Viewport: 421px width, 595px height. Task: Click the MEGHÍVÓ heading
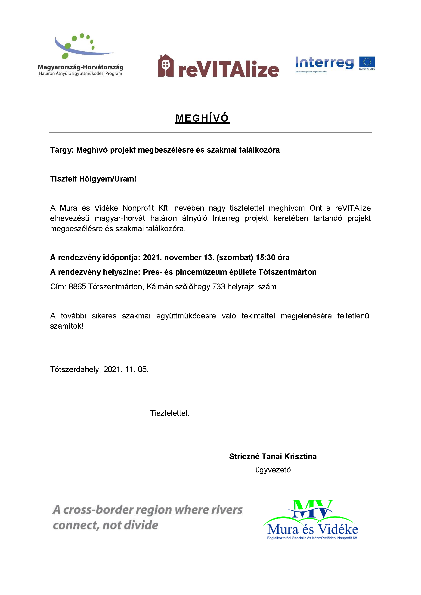click(x=202, y=118)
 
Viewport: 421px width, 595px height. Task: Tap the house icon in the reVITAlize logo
click(x=165, y=66)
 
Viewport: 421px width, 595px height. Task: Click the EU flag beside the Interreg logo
click(x=367, y=62)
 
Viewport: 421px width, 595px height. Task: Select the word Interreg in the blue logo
click(x=324, y=63)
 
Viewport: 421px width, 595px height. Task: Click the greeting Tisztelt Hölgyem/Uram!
click(x=93, y=179)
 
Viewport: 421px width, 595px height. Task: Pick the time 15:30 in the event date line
click(x=265, y=257)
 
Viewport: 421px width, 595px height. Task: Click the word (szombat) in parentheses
click(x=235, y=257)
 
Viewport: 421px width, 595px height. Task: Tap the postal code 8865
click(x=77, y=287)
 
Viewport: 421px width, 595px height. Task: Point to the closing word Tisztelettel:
click(x=170, y=413)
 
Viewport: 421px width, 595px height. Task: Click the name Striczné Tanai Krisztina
click(x=273, y=456)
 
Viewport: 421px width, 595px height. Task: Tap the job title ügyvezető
click(x=273, y=470)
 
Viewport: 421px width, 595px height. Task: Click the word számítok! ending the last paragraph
click(x=67, y=326)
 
